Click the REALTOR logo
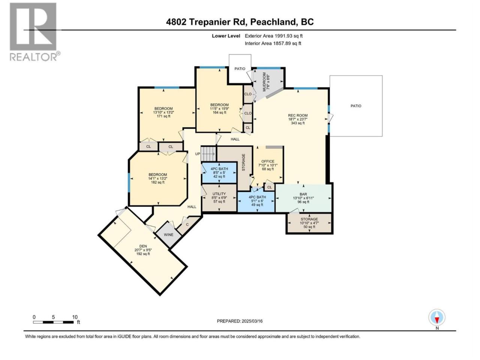coord(34,32)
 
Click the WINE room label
coord(168,234)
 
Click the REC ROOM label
coord(298,115)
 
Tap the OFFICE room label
coord(268,161)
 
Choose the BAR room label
coord(303,194)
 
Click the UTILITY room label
coord(219,194)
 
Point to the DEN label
coord(143,246)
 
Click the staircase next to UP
coord(208,154)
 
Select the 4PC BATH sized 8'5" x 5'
coord(219,172)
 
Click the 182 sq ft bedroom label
coord(157,178)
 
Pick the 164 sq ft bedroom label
coord(219,109)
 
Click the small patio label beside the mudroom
coord(240,69)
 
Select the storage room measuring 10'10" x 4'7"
coord(309,223)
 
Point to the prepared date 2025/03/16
coord(252,321)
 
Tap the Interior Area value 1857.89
coord(282,43)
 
